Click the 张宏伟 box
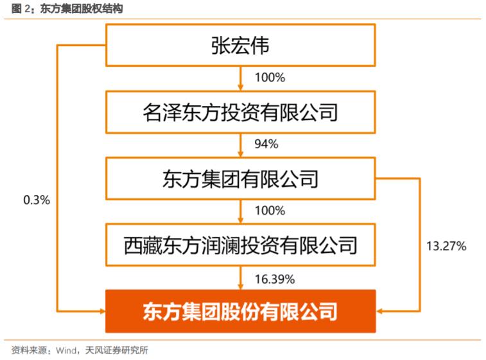tap(240, 46)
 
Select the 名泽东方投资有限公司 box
tap(240, 112)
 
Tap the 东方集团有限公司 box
tap(240, 178)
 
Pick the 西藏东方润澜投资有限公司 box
tap(240, 244)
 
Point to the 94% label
tap(265, 144)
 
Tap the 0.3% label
tap(36, 200)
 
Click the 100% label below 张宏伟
tap(269, 78)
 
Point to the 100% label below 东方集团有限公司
tap(269, 211)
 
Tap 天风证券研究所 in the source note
tap(116, 350)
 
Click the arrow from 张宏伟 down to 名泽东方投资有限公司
tap(240, 79)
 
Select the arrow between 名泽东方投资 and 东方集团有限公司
tap(240, 145)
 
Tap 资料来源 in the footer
tap(26, 350)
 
